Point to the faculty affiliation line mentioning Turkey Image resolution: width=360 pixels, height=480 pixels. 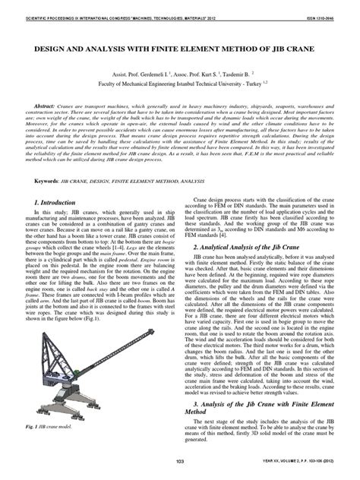click(180, 87)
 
